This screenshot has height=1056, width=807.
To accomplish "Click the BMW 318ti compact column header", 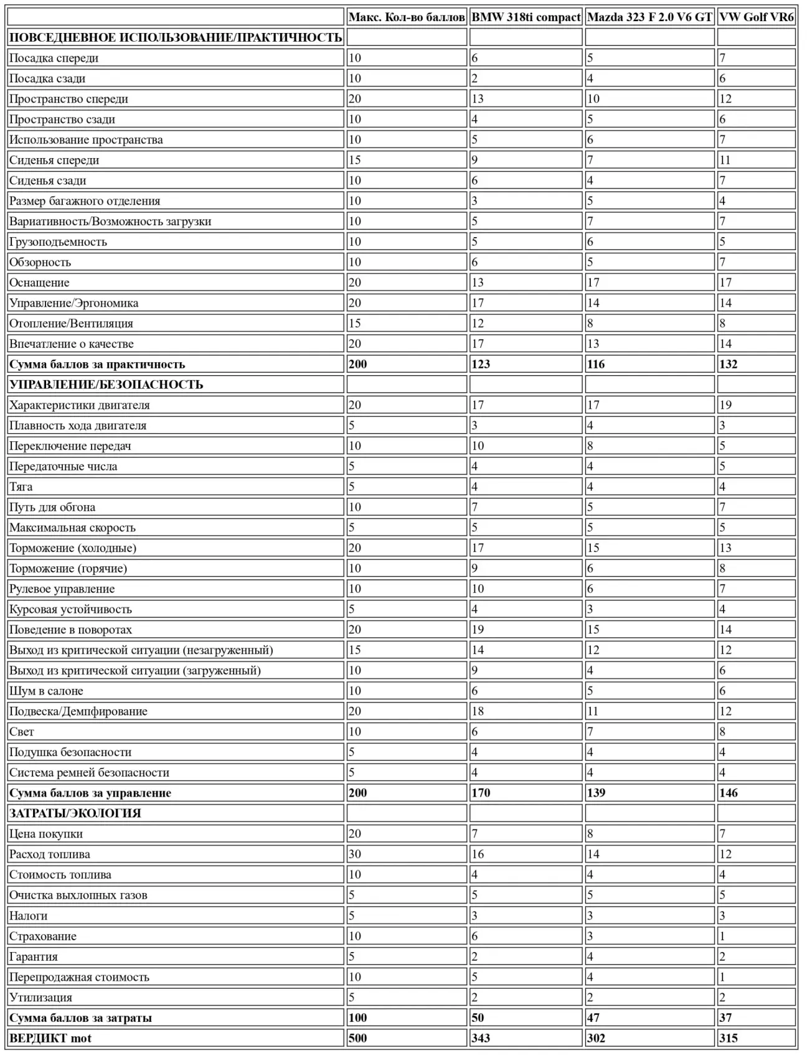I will tap(526, 17).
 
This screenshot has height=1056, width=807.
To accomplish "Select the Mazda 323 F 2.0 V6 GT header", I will tap(649, 17).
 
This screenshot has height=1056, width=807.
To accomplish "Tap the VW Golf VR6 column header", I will tap(756, 17).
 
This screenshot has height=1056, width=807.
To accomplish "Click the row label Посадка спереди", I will tap(54, 58).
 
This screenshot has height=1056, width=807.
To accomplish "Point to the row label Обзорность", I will tap(40, 263).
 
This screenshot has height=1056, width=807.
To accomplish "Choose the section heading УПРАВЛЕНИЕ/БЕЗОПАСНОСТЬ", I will tap(106, 385).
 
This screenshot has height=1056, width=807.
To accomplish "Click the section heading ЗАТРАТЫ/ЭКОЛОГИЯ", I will tap(75, 813).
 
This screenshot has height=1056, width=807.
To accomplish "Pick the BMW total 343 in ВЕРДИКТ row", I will tap(481, 1038).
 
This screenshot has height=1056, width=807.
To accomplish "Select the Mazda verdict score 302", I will tap(596, 1038).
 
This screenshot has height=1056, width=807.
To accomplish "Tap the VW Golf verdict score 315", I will tap(729, 1038).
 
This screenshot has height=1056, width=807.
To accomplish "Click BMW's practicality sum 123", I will tap(481, 365).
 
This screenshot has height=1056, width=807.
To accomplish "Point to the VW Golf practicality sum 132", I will tap(729, 365).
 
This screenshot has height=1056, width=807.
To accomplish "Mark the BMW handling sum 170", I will tap(481, 793).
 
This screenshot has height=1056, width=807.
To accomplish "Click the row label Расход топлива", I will tap(50, 854).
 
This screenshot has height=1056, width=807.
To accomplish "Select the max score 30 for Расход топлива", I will tap(355, 854).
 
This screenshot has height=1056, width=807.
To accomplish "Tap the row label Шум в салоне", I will tap(46, 691).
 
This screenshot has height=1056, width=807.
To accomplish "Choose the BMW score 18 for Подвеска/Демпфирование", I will tap(478, 711).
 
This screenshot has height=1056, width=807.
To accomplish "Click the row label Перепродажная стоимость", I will tap(79, 977).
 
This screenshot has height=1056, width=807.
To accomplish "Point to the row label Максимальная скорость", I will tap(72, 528).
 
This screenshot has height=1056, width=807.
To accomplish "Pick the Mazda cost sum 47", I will tap(593, 1018).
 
